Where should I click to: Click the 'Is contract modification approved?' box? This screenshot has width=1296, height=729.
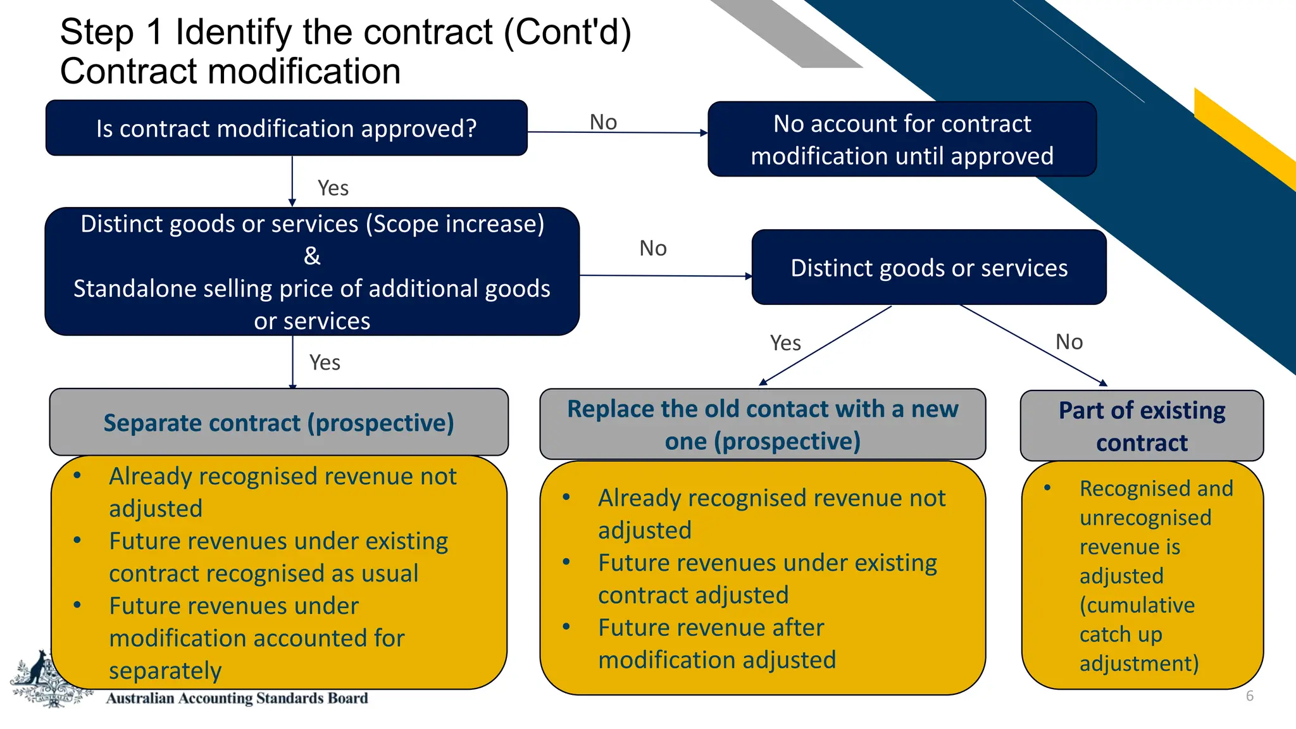pyautogui.click(x=286, y=128)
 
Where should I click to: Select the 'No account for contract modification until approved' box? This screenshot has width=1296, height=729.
pyautogui.click(x=902, y=139)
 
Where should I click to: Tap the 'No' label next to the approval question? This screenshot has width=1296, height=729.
pyautogui.click(x=603, y=122)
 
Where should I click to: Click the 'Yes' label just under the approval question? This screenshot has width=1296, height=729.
pyautogui.click(x=333, y=188)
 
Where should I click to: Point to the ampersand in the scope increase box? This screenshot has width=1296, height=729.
pyautogui.click(x=312, y=256)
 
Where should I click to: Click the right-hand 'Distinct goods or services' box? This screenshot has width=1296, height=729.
pyautogui.click(x=928, y=268)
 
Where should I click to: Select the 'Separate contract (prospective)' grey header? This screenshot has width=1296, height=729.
pyautogui.click(x=278, y=423)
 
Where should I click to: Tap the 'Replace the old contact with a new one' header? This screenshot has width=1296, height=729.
pyautogui.click(x=762, y=425)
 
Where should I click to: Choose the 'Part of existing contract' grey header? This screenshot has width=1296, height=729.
pyautogui.click(x=1142, y=426)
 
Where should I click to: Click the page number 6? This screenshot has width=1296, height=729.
pyautogui.click(x=1249, y=696)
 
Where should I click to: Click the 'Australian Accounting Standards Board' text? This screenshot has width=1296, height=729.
pyautogui.click(x=237, y=698)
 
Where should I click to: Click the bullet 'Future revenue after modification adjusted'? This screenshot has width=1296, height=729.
pyautogui.click(x=716, y=644)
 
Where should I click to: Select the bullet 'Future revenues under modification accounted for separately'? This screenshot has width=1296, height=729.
pyautogui.click(x=256, y=638)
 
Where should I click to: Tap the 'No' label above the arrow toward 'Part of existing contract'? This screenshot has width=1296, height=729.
pyautogui.click(x=1069, y=342)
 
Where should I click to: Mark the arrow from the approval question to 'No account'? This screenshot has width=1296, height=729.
pyautogui.click(x=617, y=133)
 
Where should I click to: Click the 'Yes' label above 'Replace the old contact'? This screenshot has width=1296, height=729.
pyautogui.click(x=785, y=343)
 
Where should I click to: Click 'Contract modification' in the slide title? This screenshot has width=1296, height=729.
pyautogui.click(x=230, y=71)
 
